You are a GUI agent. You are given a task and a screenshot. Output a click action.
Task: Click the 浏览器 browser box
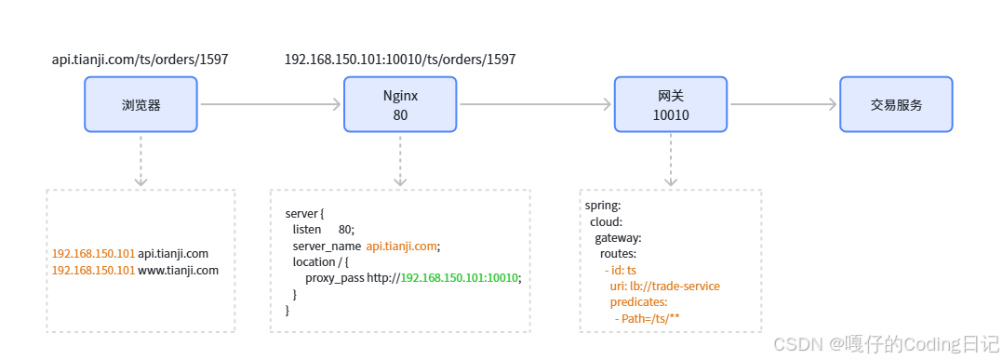(140, 104)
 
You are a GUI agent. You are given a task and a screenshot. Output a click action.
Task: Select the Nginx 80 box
(400, 104)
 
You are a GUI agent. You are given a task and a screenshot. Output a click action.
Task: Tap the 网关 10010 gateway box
(670, 104)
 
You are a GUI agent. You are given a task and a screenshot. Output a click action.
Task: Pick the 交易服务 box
(896, 104)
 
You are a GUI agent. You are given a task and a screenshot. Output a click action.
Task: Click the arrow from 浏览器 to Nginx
(271, 105)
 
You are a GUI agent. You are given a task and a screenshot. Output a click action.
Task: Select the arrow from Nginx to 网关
(535, 105)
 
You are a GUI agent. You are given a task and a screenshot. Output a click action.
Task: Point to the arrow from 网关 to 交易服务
(783, 105)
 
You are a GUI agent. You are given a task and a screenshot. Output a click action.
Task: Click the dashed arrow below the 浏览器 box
(140, 161)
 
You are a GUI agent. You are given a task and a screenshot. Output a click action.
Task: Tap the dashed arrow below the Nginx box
(400, 161)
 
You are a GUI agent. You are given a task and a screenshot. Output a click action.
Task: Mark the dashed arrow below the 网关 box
(670, 161)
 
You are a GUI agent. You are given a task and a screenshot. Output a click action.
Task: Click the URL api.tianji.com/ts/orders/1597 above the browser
(140, 60)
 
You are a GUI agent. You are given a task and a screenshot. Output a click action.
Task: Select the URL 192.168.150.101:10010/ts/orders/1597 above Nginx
(400, 60)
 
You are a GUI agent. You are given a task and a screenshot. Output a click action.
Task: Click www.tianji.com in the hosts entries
(179, 271)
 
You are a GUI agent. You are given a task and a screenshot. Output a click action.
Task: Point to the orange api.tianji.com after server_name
(402, 247)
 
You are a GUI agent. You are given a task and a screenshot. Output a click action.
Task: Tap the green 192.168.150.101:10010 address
(459, 278)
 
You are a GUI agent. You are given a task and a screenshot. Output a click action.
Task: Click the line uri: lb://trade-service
(664, 286)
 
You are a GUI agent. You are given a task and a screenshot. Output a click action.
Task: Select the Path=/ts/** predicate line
(649, 318)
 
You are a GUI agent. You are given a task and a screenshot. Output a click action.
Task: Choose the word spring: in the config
(603, 207)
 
